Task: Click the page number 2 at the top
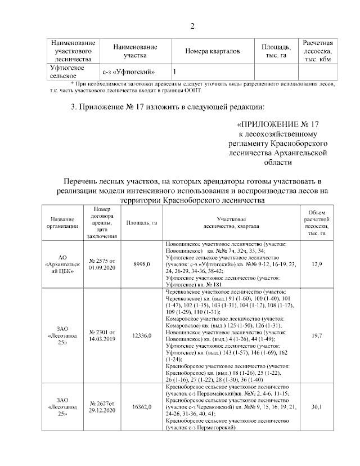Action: pyautogui.click(x=192, y=26)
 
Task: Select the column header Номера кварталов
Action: pyautogui.click(x=212, y=51)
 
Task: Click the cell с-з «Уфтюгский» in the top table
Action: pyautogui.click(x=129, y=71)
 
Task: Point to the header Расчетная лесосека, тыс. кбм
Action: pyautogui.click(x=318, y=51)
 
